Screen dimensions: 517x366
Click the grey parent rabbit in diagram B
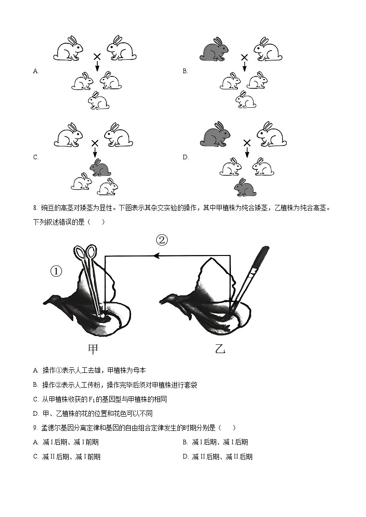click(x=214, y=49)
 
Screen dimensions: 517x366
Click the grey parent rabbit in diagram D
click(x=215, y=134)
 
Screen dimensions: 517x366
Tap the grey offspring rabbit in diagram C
click(x=100, y=168)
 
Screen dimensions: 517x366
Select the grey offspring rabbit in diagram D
click(x=245, y=187)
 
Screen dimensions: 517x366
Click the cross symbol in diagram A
click(x=97, y=57)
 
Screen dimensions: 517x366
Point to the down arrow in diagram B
click(x=244, y=66)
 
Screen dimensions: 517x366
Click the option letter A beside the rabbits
click(x=35, y=71)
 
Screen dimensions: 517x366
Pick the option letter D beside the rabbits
click(x=185, y=157)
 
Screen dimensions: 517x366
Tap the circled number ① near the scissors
click(x=56, y=272)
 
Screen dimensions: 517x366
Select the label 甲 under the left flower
click(x=93, y=349)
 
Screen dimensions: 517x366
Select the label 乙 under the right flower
click(x=220, y=349)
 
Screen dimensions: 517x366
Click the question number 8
click(x=35, y=208)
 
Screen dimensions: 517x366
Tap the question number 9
click(x=35, y=428)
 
